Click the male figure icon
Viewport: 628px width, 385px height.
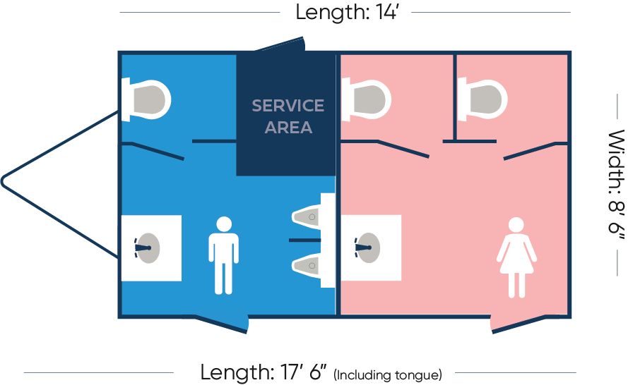click(x=223, y=255)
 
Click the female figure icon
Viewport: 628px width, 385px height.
click(x=516, y=257)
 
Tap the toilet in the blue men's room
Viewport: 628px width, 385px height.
click(x=146, y=99)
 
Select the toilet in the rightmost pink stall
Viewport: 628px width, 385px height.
click(x=482, y=99)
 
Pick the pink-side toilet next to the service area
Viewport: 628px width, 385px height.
click(x=366, y=99)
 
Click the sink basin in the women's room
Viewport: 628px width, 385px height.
click(x=367, y=248)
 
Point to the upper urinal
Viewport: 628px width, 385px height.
click(x=307, y=217)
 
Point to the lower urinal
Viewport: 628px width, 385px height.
click(x=307, y=265)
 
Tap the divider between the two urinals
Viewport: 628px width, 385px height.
click(x=304, y=240)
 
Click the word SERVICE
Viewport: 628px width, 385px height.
click(x=288, y=106)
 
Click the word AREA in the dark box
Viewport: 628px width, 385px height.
click(x=288, y=128)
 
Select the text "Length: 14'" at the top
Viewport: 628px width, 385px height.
click(x=346, y=12)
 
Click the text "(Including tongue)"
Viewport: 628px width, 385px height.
click(x=388, y=374)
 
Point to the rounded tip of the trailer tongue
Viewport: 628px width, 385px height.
click(x=4, y=181)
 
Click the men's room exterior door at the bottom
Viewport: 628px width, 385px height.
click(x=221, y=324)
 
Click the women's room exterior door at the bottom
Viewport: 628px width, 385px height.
click(x=519, y=324)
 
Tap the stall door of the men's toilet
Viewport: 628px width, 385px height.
click(x=158, y=152)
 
